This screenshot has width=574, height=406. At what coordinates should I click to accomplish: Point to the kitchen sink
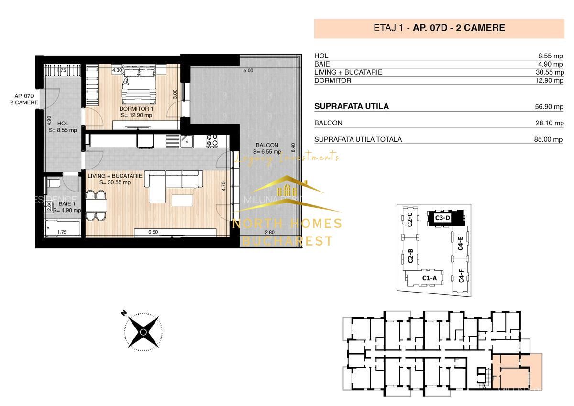pos(187,140)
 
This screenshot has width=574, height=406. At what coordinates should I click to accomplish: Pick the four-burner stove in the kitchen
pos(212,140)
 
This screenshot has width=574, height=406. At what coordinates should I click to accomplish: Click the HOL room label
pos(63,124)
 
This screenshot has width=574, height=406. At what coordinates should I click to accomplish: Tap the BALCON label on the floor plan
pos(267,145)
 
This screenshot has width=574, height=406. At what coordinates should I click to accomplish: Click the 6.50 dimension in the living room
pos(153,232)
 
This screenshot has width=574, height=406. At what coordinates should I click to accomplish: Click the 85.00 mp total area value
pos(551,140)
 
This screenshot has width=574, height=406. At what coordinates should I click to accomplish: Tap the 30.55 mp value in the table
pos(551,72)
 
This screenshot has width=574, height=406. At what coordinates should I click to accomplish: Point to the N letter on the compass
pos(123,313)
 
